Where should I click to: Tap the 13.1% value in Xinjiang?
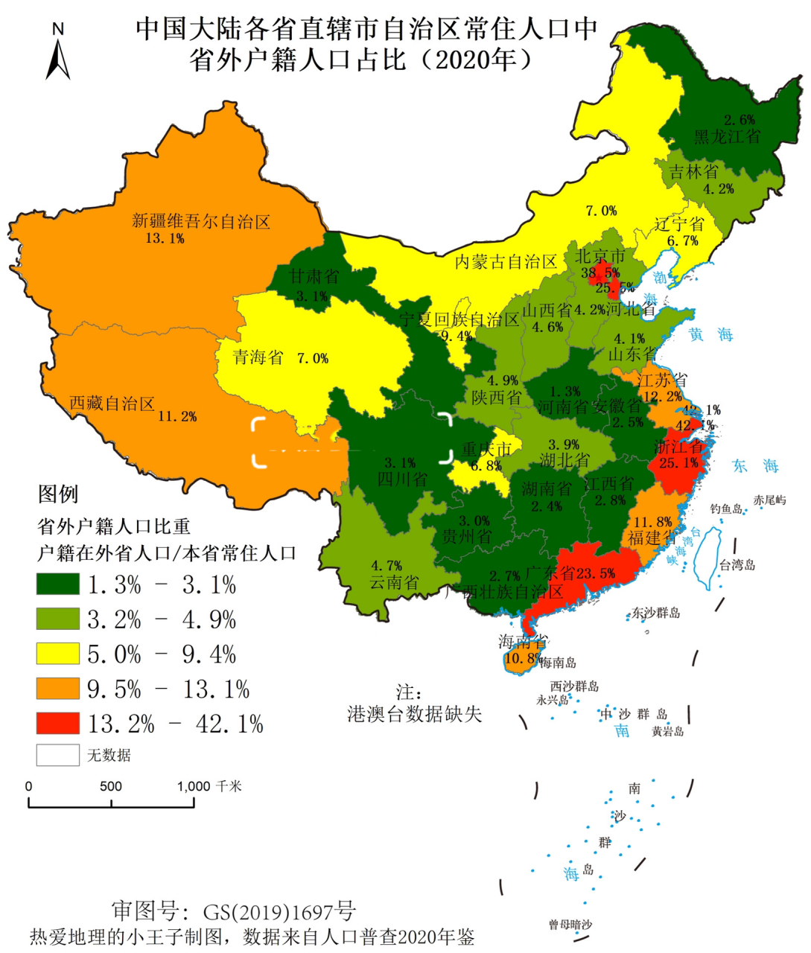coord(165,238)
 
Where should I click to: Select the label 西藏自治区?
coord(112,404)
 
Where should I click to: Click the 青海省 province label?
coord(258,357)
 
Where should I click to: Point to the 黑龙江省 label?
coord(727,136)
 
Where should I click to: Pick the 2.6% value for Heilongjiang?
coord(739,120)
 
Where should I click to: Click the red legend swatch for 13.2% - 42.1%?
coord(58,723)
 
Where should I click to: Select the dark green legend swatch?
coord(58,584)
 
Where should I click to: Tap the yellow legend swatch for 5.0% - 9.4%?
coord(58,654)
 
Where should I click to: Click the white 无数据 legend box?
coord(58,755)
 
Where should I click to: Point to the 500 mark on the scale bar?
coord(111,786)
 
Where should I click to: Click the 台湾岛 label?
coord(737,565)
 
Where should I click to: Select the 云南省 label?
coord(394,582)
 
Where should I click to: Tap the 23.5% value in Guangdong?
coord(595,573)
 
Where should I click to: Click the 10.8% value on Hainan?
coord(522,658)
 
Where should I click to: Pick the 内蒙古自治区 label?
coord(506,262)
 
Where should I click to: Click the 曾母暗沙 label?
coord(570,925)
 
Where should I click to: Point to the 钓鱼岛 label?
coord(725,509)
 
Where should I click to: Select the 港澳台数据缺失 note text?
coord(415,714)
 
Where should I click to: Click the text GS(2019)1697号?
coord(279,911)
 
